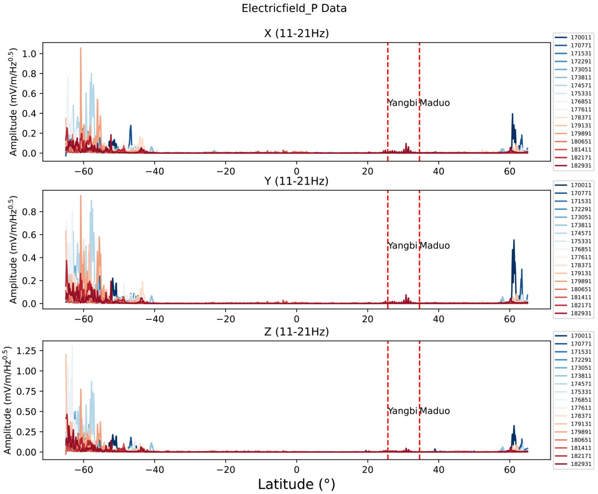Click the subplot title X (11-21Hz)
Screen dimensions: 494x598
tap(296, 33)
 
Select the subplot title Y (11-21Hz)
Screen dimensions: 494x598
tap(296, 181)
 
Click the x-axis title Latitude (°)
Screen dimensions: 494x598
tap(296, 484)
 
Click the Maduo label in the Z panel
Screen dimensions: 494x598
tap(435, 411)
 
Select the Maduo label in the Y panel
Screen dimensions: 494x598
tap(435, 245)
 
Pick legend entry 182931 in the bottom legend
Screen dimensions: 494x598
tap(581, 464)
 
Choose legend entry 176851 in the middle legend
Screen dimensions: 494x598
tap(581, 249)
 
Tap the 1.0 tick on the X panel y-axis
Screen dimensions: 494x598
tap(29, 54)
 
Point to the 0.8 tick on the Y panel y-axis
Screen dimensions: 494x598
tap(29, 212)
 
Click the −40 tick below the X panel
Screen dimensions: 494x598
tap(154, 171)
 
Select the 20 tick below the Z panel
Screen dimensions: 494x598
tap(367, 470)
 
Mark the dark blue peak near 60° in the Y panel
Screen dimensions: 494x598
tap(514, 241)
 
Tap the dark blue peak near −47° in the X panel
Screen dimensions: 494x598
tap(131, 126)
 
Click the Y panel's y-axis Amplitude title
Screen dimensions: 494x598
tap(13, 250)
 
